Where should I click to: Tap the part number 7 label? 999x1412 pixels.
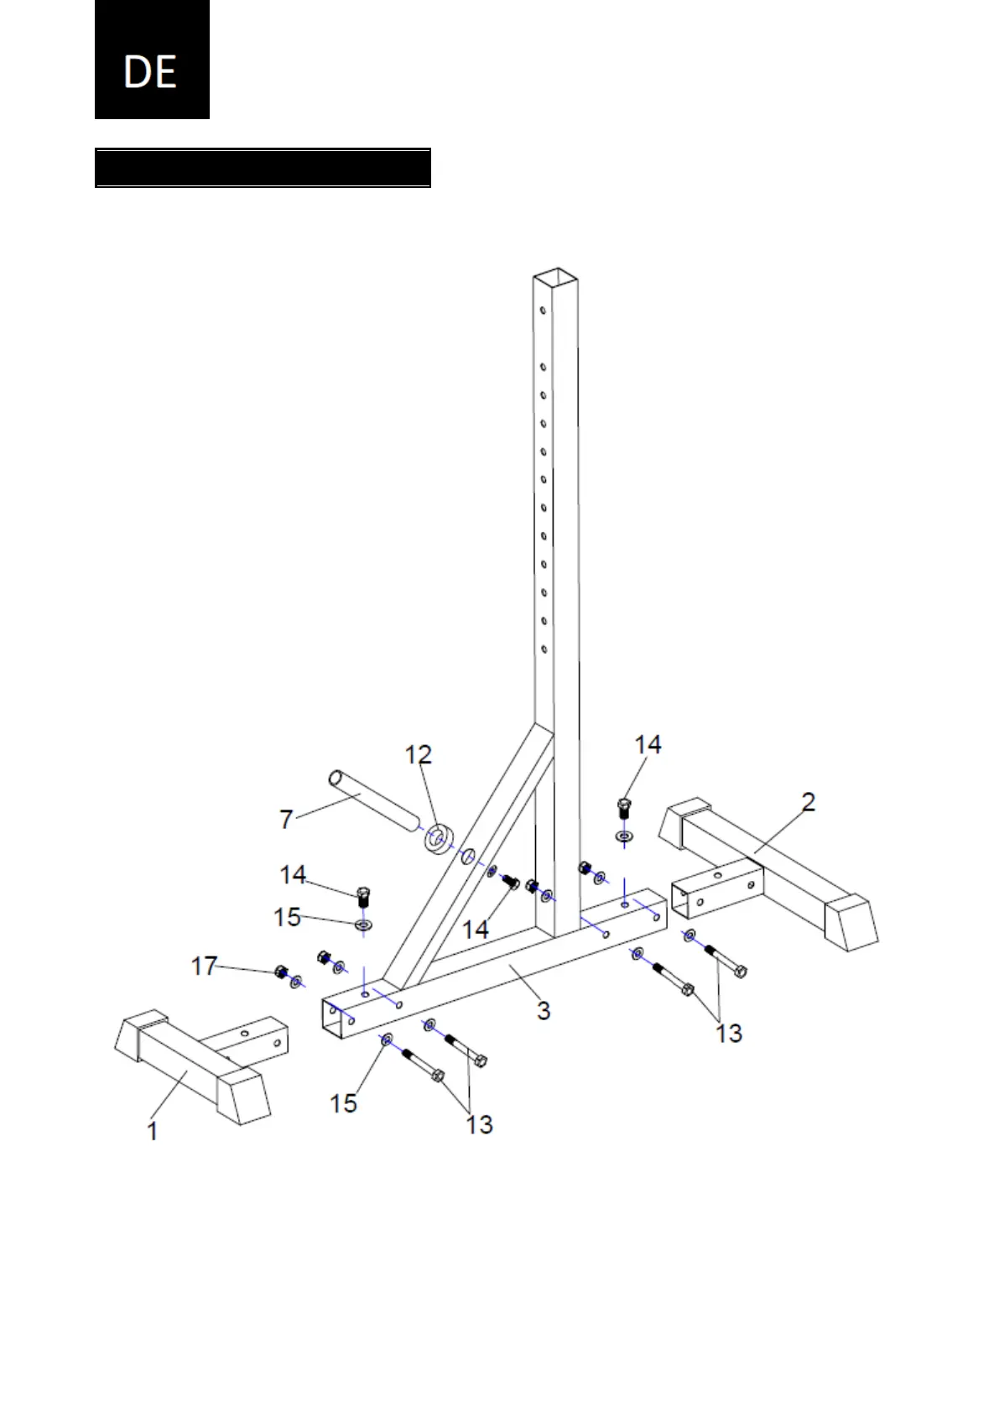286,818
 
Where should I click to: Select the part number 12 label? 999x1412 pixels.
419,755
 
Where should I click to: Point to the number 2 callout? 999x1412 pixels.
808,803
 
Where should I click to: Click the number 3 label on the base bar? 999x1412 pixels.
544,1010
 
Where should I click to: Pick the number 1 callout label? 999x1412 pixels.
153,1131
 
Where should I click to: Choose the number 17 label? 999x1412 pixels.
204,967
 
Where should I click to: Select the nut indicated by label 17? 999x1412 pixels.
281,972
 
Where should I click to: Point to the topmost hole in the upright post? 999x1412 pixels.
544,310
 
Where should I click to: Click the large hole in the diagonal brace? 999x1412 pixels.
468,857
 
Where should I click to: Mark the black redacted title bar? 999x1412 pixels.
263,168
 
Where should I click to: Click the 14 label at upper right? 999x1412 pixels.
648,744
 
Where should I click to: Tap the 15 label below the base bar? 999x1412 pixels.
343,1102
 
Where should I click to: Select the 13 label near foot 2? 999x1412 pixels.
729,1033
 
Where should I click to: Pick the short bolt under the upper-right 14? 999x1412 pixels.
623,810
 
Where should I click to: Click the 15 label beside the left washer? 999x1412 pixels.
287,917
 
